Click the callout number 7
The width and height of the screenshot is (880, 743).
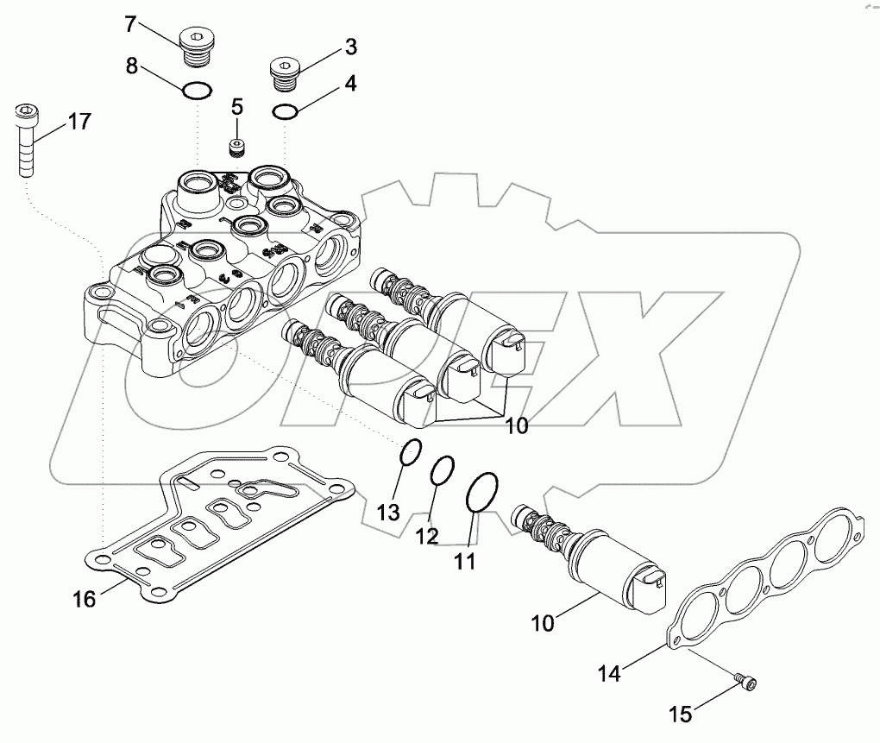coord(130,23)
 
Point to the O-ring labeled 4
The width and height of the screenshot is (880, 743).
coord(285,111)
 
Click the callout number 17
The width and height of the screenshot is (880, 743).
coord(79,122)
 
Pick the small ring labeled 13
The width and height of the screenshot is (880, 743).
coord(412,452)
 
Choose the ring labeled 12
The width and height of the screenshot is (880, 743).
coord(442,472)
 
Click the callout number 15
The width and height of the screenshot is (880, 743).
coord(681,713)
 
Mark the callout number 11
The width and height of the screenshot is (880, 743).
coord(465,561)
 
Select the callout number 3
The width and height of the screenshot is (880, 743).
coord(351,47)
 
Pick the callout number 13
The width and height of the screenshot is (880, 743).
coord(388,513)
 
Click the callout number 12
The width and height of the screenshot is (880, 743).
coord(426,536)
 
